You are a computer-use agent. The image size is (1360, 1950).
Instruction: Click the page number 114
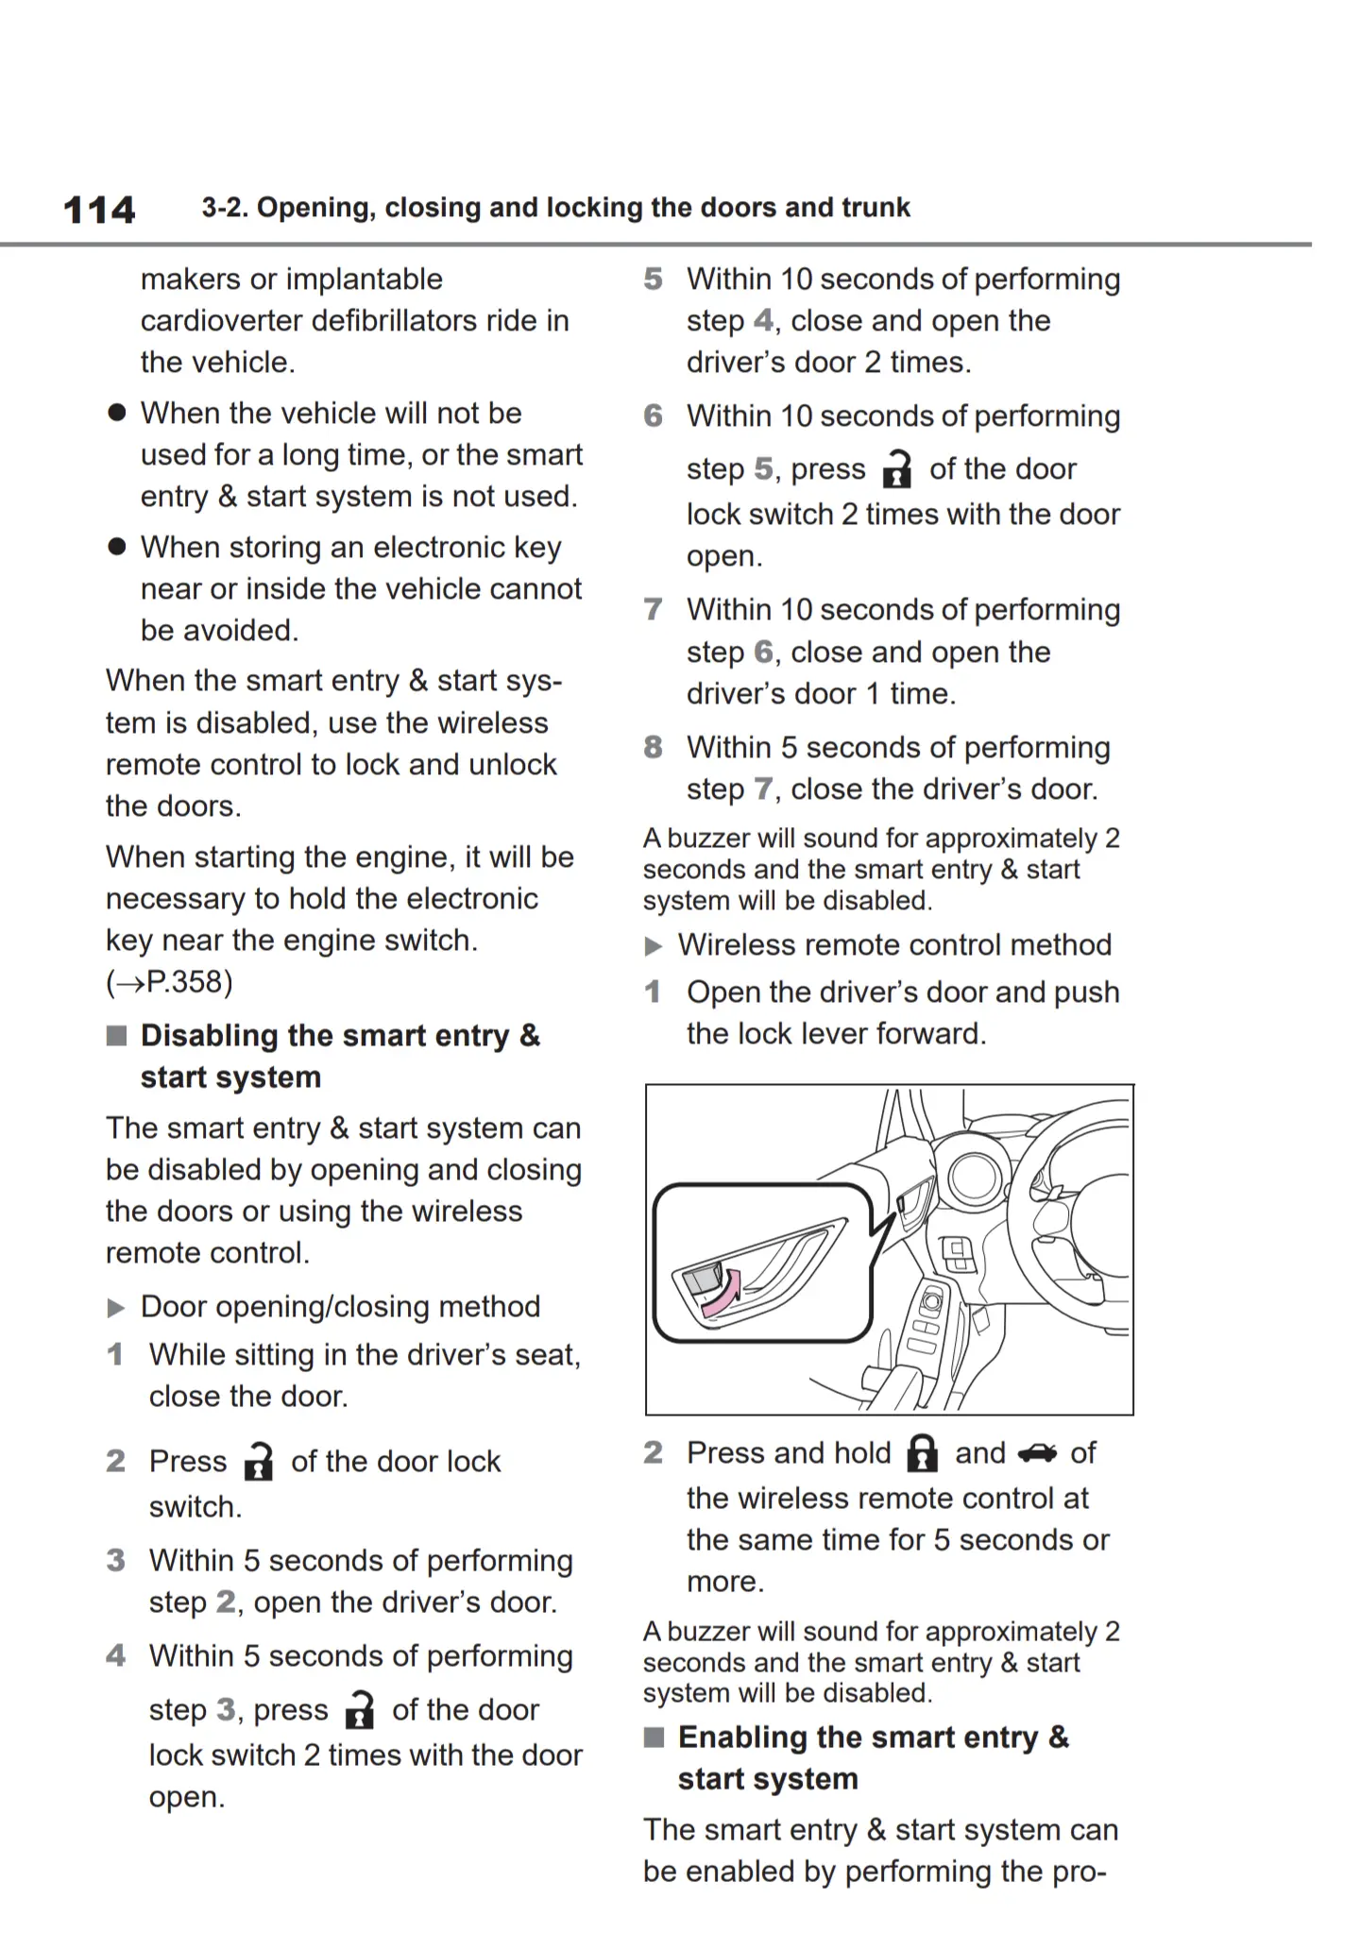point(99,210)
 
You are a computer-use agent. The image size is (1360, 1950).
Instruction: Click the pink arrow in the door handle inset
point(721,1294)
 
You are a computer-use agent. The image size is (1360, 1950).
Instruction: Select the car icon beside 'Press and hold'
point(1037,1453)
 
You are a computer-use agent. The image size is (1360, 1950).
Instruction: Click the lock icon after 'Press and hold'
point(922,1453)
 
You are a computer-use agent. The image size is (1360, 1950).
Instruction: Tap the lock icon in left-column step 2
point(258,1462)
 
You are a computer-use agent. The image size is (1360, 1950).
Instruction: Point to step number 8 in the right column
point(653,747)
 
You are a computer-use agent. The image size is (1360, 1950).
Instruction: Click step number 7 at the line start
point(653,609)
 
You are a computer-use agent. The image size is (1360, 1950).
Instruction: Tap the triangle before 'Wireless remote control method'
point(654,946)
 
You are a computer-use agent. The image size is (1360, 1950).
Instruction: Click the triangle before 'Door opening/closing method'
point(116,1308)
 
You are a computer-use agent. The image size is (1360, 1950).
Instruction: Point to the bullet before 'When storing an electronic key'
point(117,548)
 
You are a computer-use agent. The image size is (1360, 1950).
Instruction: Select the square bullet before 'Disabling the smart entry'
point(116,1036)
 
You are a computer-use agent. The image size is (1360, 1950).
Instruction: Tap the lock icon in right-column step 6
point(896,469)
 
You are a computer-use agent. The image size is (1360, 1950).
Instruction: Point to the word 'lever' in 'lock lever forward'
point(830,1034)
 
